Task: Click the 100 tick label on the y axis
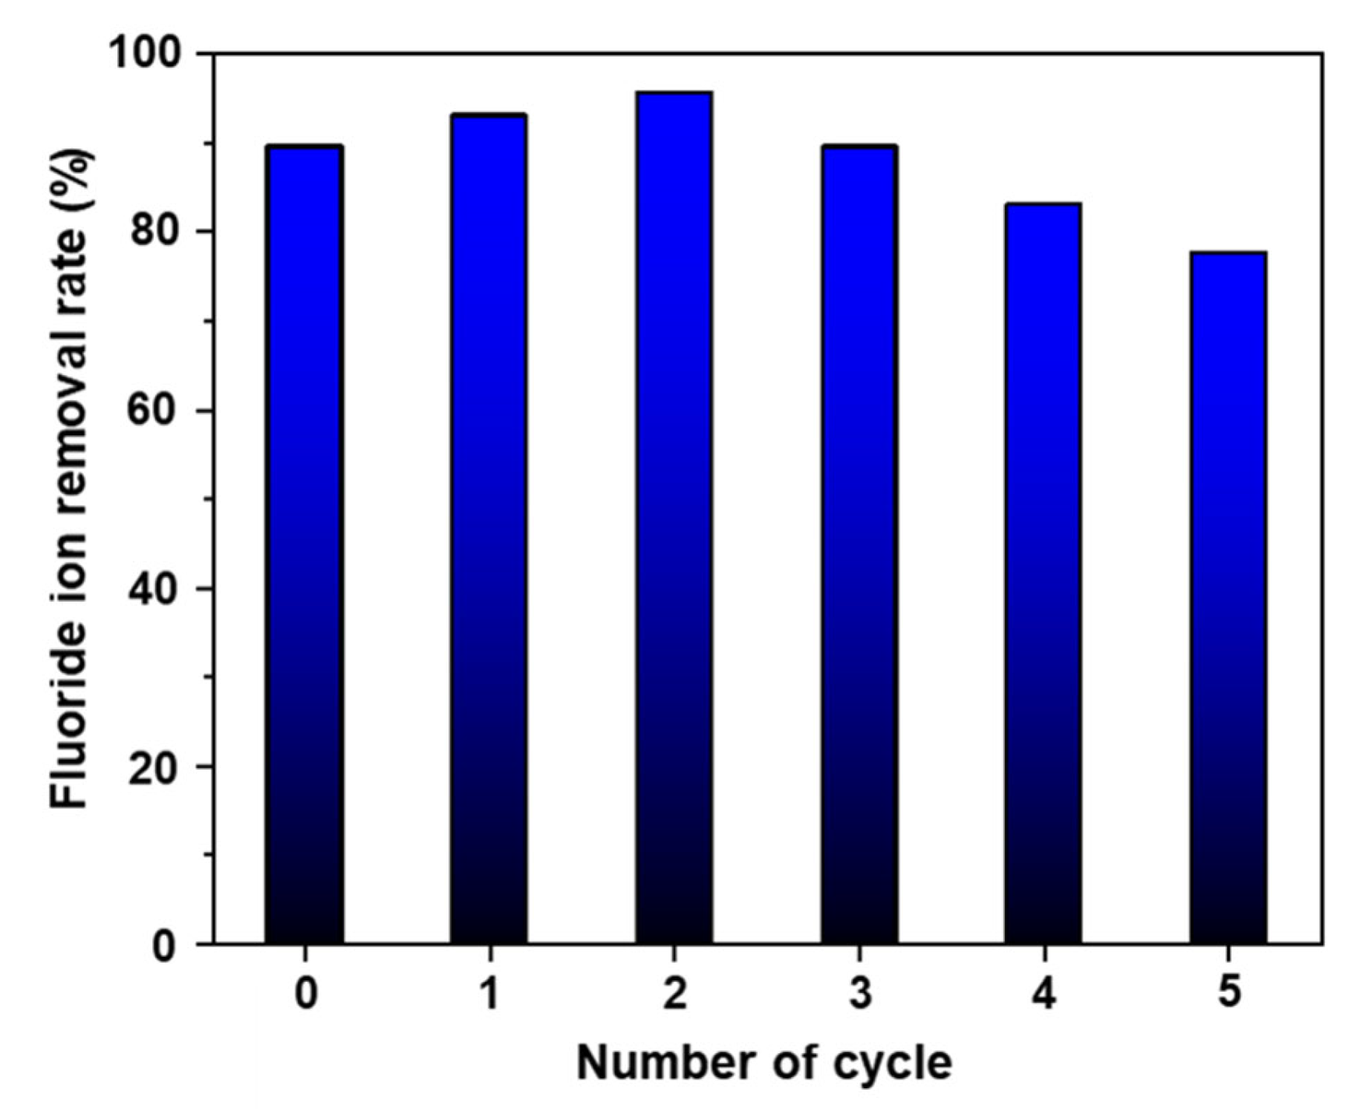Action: pyautogui.click(x=146, y=53)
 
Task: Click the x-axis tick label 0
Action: pyautogui.click(x=305, y=994)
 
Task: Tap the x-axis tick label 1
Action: pyautogui.click(x=489, y=994)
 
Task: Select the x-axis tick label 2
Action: pyautogui.click(x=674, y=994)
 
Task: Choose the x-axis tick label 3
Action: pyautogui.click(x=859, y=994)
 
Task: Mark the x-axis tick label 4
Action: pyautogui.click(x=1043, y=994)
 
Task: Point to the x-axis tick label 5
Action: pyautogui.click(x=1228, y=994)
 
